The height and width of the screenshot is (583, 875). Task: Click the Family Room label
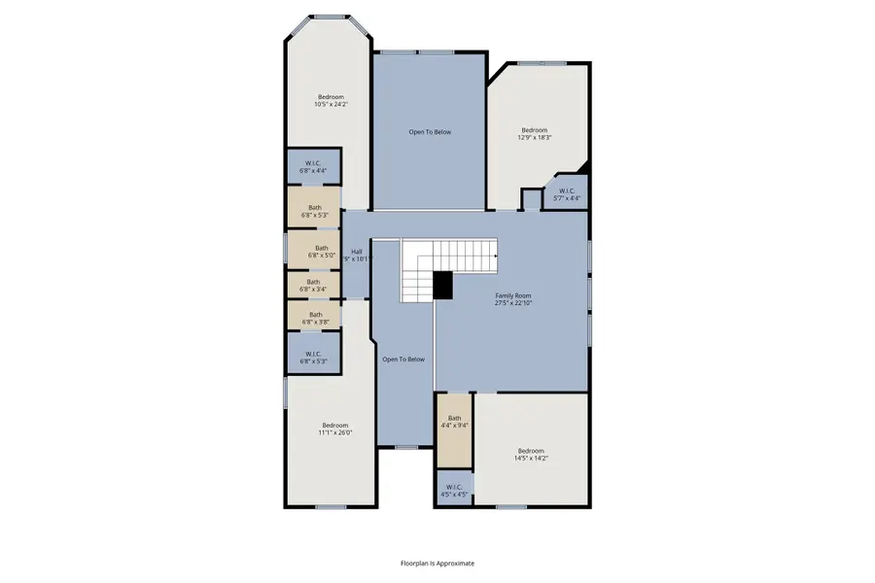(513, 299)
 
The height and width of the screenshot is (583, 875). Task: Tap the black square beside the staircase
(443, 285)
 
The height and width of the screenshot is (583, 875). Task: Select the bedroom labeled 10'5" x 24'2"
(331, 101)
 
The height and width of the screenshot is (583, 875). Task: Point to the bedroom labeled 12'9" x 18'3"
(534, 134)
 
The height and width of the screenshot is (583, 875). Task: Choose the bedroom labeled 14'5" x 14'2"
(531, 455)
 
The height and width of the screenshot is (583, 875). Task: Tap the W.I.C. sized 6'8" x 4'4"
(313, 166)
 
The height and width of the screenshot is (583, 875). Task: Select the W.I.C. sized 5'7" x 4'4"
(566, 194)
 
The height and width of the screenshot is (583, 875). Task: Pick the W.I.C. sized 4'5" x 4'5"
(455, 490)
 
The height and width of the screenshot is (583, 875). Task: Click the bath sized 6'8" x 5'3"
(314, 210)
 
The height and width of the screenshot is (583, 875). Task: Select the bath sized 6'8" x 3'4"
(313, 285)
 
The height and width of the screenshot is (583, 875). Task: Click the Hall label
(357, 256)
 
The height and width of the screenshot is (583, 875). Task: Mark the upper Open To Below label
(429, 132)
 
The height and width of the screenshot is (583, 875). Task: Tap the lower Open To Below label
(403, 360)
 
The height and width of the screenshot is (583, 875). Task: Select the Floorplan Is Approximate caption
(437, 563)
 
